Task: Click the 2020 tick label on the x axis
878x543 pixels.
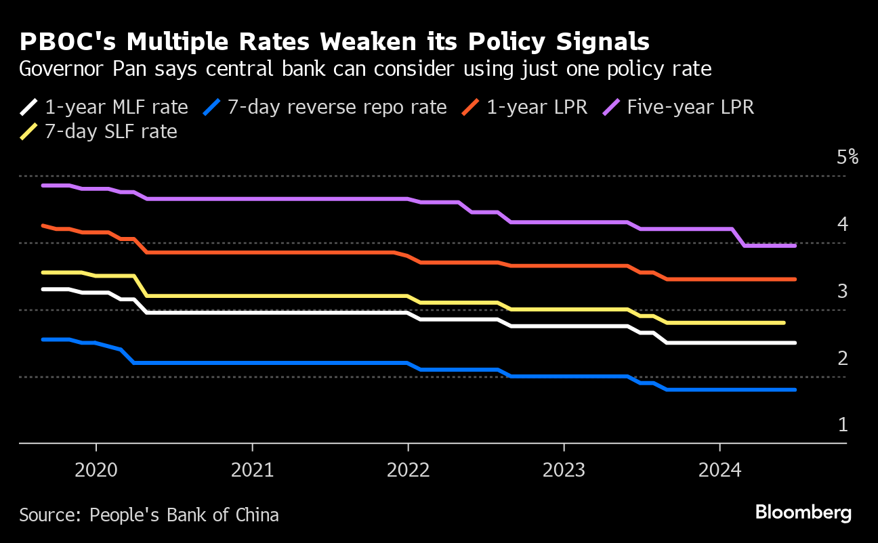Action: click(96, 470)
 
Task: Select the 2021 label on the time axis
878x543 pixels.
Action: click(252, 470)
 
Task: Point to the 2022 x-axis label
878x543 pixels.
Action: click(408, 470)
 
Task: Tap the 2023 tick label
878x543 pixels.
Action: click(564, 470)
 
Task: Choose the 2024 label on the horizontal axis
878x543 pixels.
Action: click(719, 470)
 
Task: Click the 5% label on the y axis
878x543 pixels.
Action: click(848, 158)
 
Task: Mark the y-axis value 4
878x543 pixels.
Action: click(843, 224)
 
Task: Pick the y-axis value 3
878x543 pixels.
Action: click(843, 291)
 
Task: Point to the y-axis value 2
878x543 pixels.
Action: click(843, 357)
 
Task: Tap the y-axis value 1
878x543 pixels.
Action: click(843, 425)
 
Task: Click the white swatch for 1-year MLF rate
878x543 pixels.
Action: click(29, 107)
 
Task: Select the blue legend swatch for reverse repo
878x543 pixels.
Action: click(213, 107)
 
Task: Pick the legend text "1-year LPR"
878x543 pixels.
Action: click(537, 107)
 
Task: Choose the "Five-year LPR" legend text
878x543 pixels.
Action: click(690, 107)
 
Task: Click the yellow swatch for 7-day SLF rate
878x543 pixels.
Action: click(29, 131)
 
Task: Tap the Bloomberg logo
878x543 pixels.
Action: click(803, 513)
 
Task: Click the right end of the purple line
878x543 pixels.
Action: click(794, 246)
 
